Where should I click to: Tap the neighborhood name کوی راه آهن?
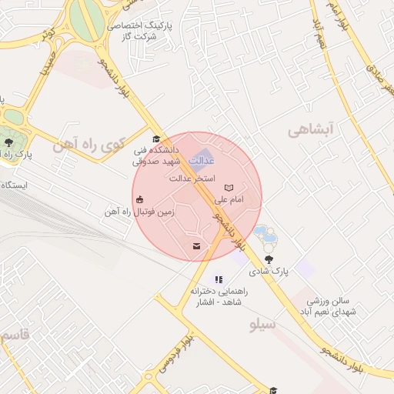[x=85, y=144]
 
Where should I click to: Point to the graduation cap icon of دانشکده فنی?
[x=156, y=139]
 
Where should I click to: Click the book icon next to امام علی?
[x=228, y=187]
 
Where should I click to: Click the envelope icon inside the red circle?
[x=196, y=246]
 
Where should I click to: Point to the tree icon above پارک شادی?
[x=269, y=259]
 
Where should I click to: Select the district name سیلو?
[x=262, y=325]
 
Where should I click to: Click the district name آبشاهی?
[x=309, y=131]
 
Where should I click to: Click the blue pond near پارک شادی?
[x=261, y=232]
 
